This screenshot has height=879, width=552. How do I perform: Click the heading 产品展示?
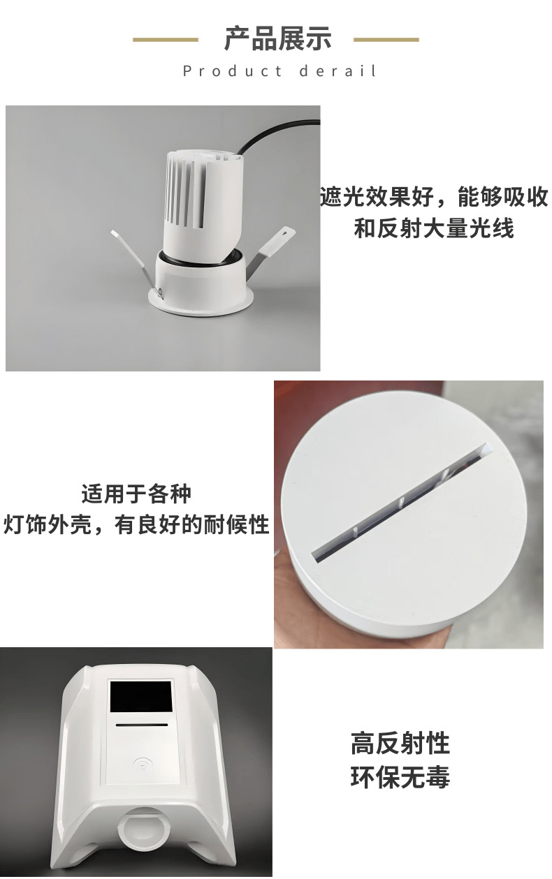[x=277, y=39]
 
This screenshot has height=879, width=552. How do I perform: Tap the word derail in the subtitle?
[x=339, y=71]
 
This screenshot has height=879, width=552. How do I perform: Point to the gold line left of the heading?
[x=166, y=40]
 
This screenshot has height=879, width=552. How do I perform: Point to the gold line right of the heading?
[x=386, y=40]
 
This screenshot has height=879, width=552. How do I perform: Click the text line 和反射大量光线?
[x=434, y=228]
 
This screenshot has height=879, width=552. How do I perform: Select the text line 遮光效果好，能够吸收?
[x=434, y=198]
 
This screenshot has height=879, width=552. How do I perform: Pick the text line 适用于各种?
[x=136, y=494]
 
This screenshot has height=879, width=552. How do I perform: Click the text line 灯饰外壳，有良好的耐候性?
[x=136, y=524]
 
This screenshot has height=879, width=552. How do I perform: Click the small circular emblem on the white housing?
[x=142, y=765]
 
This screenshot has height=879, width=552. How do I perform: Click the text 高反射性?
[x=400, y=744]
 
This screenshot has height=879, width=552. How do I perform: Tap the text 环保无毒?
[x=400, y=777]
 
